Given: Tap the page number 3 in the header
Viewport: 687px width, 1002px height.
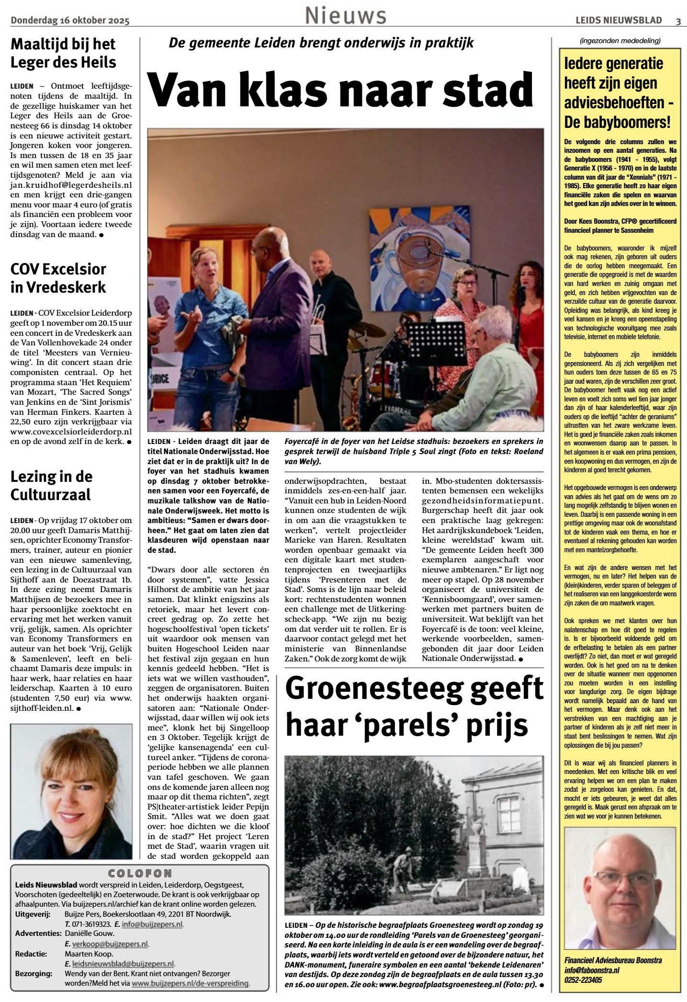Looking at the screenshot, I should [678, 20].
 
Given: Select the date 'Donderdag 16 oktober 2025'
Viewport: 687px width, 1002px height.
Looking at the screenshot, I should [70, 20].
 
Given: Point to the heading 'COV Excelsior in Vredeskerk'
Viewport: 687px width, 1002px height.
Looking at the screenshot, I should [58, 278].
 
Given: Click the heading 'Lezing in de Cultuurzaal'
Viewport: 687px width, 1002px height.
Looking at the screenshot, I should [51, 485].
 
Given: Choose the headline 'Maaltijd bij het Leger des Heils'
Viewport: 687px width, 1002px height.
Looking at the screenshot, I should [63, 53].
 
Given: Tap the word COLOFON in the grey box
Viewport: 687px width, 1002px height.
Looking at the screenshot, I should [140, 874].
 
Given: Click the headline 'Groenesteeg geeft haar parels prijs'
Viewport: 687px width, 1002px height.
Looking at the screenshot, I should [414, 707].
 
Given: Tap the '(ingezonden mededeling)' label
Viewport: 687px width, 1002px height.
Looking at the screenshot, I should [619, 41].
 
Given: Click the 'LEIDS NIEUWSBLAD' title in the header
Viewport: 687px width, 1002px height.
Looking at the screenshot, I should [619, 20].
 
